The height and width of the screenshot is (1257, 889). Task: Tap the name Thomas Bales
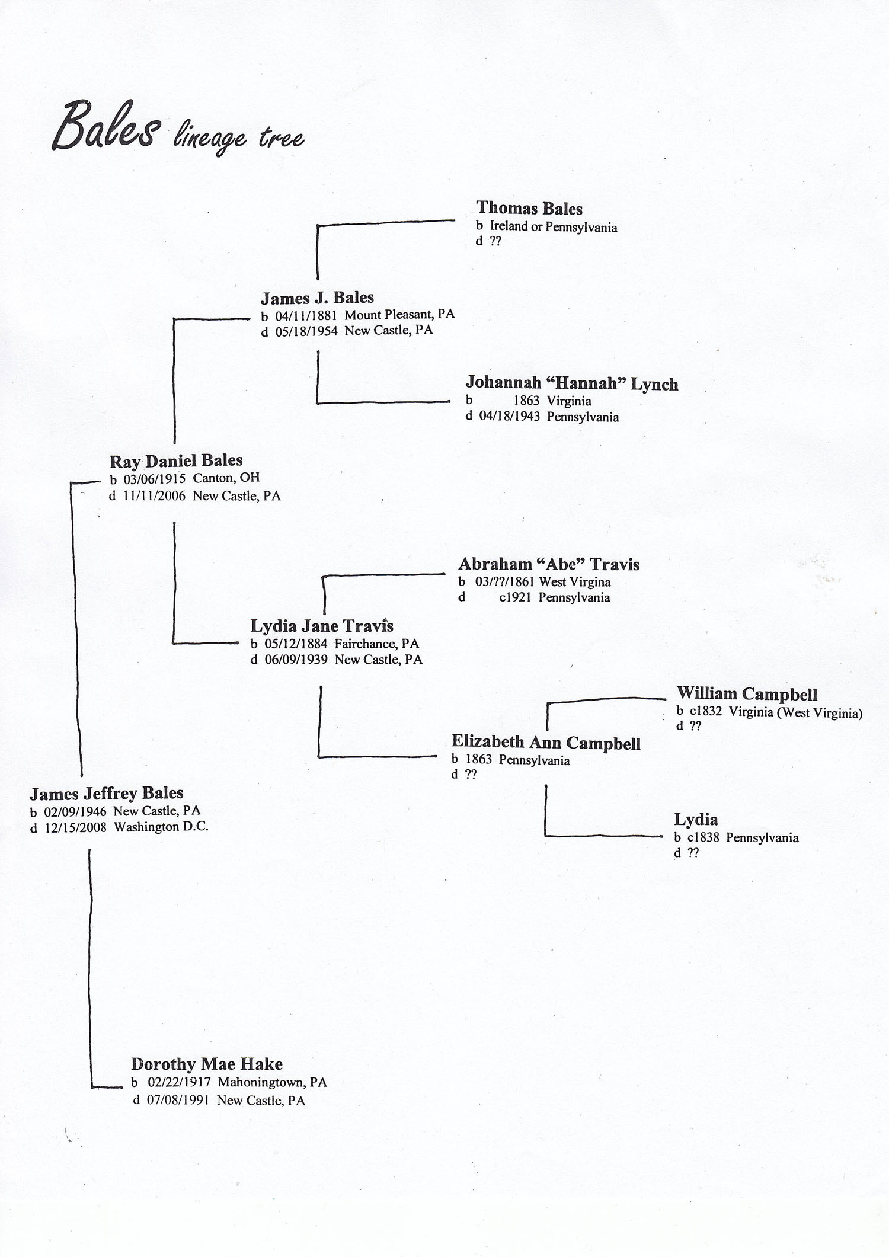pyautogui.click(x=529, y=209)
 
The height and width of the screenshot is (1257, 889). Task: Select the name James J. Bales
pyautogui.click(x=317, y=298)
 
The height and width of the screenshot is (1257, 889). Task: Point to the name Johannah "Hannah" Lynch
pyautogui.click(x=572, y=384)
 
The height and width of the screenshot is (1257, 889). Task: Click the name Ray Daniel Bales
pyautogui.click(x=176, y=461)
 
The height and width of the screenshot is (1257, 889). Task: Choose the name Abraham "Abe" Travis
pyautogui.click(x=549, y=564)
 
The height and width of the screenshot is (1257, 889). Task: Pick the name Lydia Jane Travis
pyautogui.click(x=322, y=626)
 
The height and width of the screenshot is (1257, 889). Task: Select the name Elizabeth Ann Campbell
pyautogui.click(x=546, y=743)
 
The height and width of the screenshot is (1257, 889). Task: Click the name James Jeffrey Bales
pyautogui.click(x=107, y=794)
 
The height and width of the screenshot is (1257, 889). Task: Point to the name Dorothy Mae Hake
pyautogui.click(x=207, y=1064)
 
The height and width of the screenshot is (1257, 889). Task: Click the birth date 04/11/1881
pyautogui.click(x=306, y=315)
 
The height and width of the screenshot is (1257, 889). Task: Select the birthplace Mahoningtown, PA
pyautogui.click(x=272, y=1082)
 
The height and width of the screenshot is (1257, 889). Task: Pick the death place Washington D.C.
pyautogui.click(x=161, y=827)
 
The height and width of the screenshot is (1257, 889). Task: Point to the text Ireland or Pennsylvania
pyautogui.click(x=554, y=227)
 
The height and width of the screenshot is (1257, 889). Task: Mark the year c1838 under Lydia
pyautogui.click(x=703, y=838)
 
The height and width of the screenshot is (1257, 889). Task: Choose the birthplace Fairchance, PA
pyautogui.click(x=377, y=644)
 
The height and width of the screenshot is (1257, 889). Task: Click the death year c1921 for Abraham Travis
pyautogui.click(x=515, y=597)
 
